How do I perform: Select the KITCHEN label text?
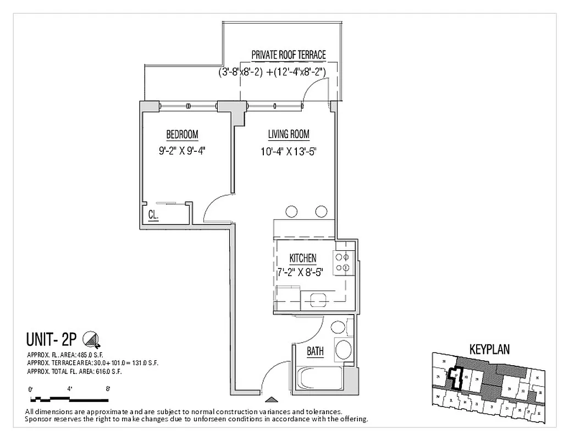pos(302,258)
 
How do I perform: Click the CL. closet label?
pos(153,216)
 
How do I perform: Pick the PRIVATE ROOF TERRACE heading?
pos(288,55)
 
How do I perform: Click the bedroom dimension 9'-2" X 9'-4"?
pos(182,150)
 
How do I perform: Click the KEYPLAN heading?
pos(489,349)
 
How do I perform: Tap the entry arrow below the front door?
pos(269,400)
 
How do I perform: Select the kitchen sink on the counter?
pos(318,300)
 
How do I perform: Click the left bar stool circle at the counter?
pos(292,211)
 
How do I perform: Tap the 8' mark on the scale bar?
pos(108,389)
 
